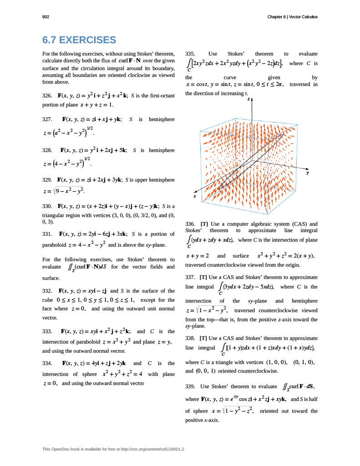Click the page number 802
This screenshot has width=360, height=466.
pos(46,17)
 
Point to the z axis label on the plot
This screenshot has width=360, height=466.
pos(248,98)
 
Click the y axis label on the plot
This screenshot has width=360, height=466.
pos(308,173)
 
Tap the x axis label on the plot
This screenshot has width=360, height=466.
pos(194,197)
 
